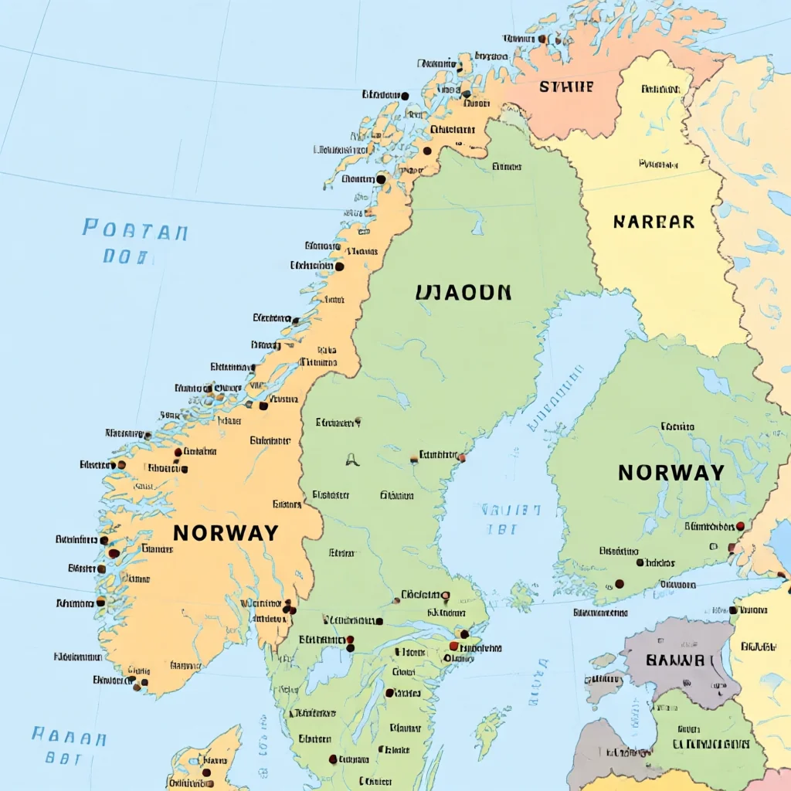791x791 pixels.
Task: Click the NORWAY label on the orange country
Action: pos(226,533)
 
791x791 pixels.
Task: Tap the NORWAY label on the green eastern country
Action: pos(670,473)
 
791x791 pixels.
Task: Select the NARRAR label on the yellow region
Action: pos(654,222)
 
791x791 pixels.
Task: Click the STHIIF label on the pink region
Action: pos(566,87)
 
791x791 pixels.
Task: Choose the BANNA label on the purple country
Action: pos(675,661)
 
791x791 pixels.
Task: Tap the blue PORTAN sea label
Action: pos(135,230)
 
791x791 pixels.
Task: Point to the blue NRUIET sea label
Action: pos(511,511)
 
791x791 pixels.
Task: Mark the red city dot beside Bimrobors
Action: pos(740,526)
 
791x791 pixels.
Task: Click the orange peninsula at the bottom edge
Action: pos(205,761)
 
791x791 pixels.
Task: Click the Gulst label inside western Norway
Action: pos(144,487)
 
